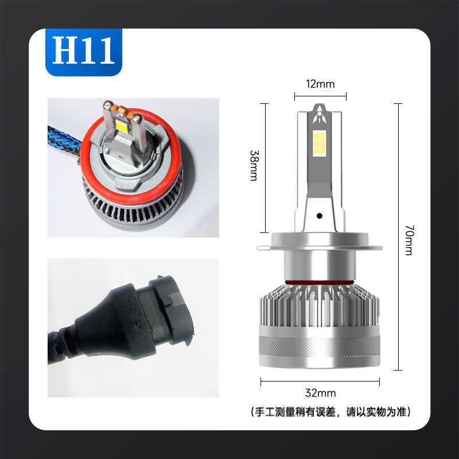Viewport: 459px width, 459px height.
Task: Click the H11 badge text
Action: click(84, 52)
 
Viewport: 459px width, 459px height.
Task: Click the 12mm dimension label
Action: click(320, 84)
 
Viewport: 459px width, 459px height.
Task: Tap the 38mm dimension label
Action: click(253, 166)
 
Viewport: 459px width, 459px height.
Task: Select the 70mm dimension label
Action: click(409, 240)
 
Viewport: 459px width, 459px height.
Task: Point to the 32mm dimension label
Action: click(321, 393)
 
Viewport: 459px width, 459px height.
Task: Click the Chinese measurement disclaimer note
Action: click(332, 411)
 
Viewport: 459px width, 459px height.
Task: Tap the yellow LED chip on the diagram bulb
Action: click(321, 143)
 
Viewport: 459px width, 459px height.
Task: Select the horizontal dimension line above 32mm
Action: click(320, 380)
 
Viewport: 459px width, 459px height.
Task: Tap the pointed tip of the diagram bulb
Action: click(320, 107)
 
